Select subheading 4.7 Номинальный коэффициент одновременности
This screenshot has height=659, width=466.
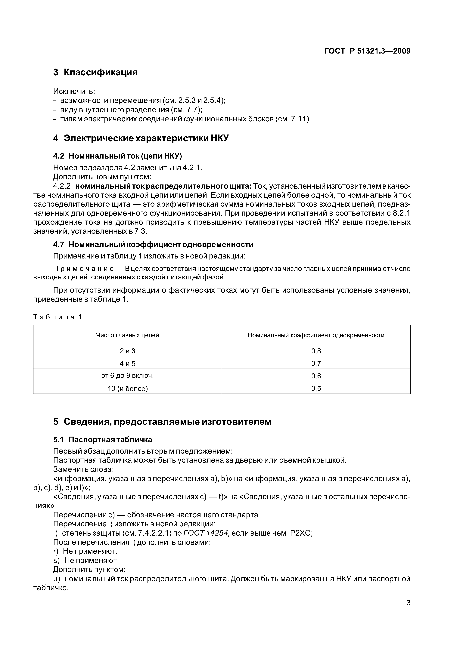[x=153, y=245]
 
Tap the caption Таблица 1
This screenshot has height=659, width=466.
[x=58, y=317]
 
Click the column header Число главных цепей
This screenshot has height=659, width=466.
[x=127, y=335]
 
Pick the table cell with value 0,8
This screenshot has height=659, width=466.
[x=316, y=351]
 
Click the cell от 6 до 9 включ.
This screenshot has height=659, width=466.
[x=127, y=376]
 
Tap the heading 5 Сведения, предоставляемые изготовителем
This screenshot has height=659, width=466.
[x=162, y=422]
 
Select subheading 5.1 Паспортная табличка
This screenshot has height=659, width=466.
[x=103, y=440]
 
